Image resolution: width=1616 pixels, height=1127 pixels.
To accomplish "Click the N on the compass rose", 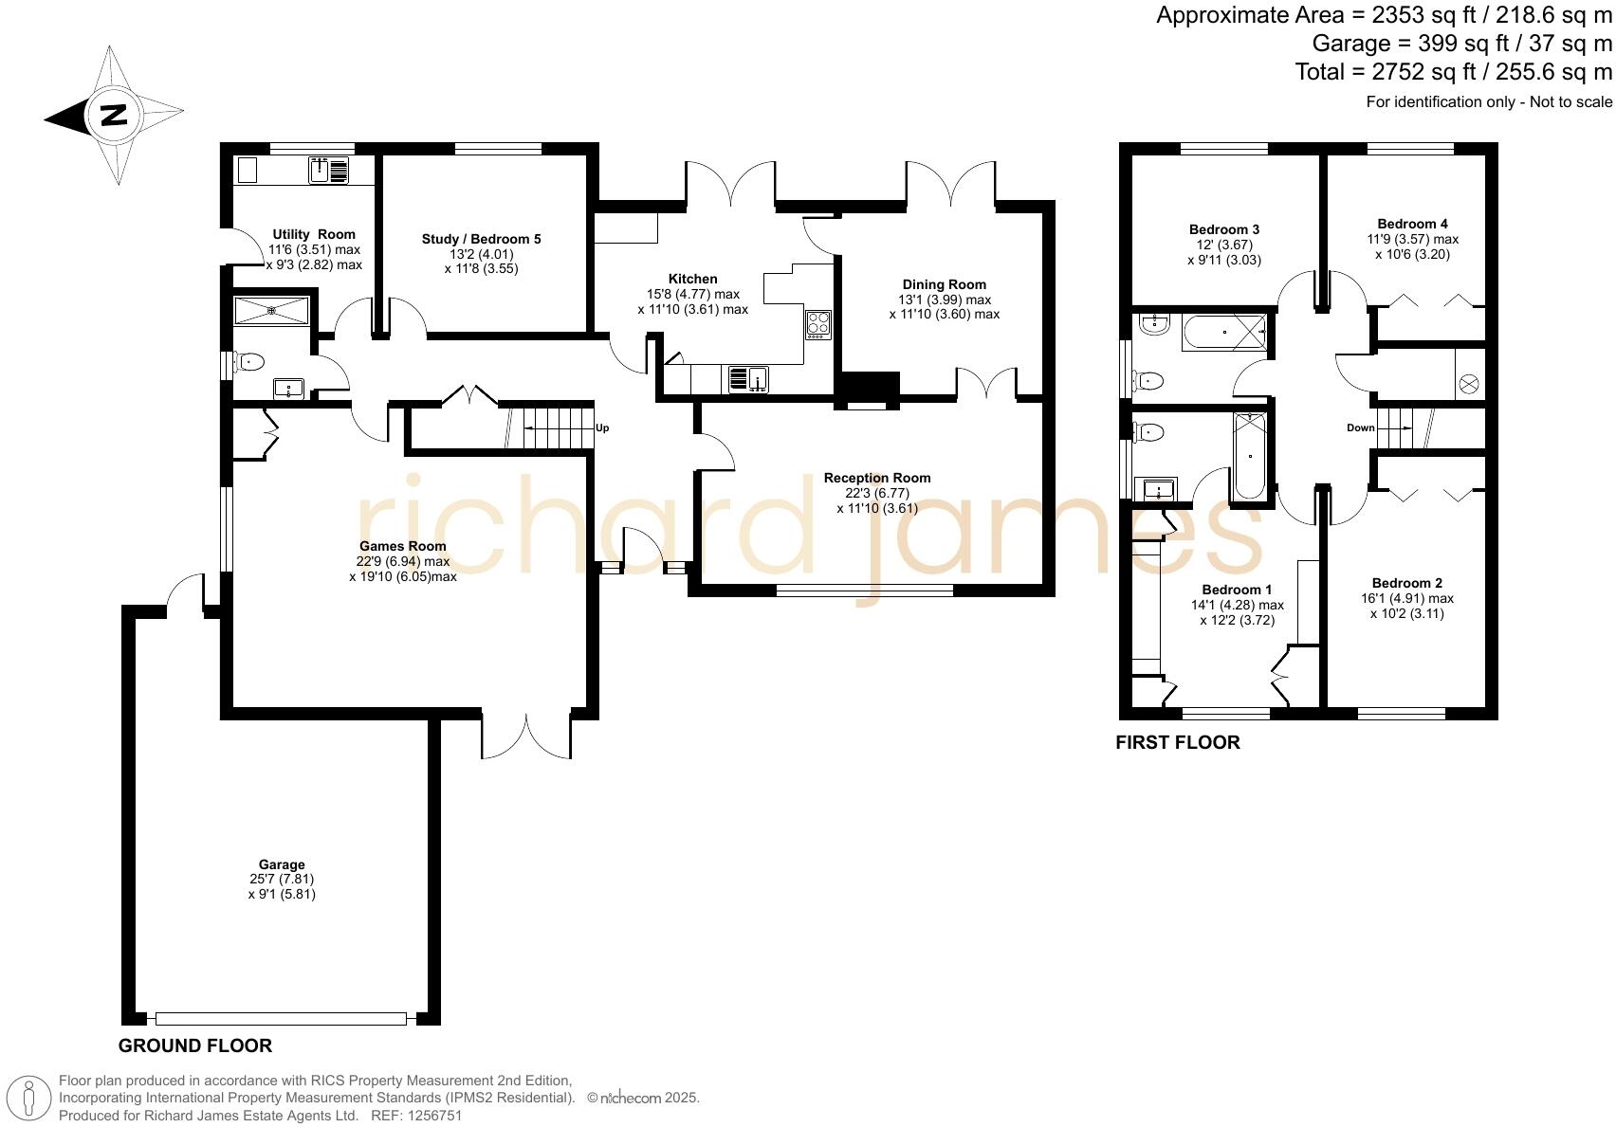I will pyautogui.click(x=114, y=116).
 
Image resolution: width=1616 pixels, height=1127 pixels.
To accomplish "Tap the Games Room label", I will pyautogui.click(x=402, y=546).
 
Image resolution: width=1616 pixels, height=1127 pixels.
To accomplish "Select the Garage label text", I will pyautogui.click(x=282, y=864).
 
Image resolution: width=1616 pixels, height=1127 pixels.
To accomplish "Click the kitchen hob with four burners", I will pyautogui.click(x=817, y=325).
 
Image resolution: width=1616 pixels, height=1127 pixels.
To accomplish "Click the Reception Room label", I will pyautogui.click(x=876, y=478).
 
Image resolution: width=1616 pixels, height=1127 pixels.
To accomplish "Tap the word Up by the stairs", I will pyautogui.click(x=601, y=428).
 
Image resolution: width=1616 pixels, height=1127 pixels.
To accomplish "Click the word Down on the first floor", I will pyautogui.click(x=1360, y=428).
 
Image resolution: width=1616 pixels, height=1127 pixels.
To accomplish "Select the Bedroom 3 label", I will pyautogui.click(x=1223, y=229).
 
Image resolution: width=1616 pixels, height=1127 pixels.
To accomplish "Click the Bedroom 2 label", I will pyautogui.click(x=1406, y=583).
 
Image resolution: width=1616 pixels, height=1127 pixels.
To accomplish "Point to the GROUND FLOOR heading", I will pyautogui.click(x=194, y=1045).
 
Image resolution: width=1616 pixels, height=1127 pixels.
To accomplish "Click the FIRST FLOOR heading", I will pyautogui.click(x=1177, y=742).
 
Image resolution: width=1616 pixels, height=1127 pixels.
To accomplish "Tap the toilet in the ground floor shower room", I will pyautogui.click(x=250, y=361).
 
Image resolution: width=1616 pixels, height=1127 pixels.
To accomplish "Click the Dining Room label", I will pyautogui.click(x=944, y=284).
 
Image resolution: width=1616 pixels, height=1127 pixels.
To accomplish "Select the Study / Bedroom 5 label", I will pyautogui.click(x=481, y=239).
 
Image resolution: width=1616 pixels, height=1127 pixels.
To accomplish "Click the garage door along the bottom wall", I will pyautogui.click(x=281, y=1019).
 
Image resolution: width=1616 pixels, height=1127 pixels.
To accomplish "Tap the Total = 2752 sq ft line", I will pyautogui.click(x=1453, y=72).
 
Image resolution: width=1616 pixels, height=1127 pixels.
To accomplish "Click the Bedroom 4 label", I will pyautogui.click(x=1412, y=224).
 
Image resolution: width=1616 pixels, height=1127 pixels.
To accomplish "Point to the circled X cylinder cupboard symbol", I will pyautogui.click(x=1468, y=384).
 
